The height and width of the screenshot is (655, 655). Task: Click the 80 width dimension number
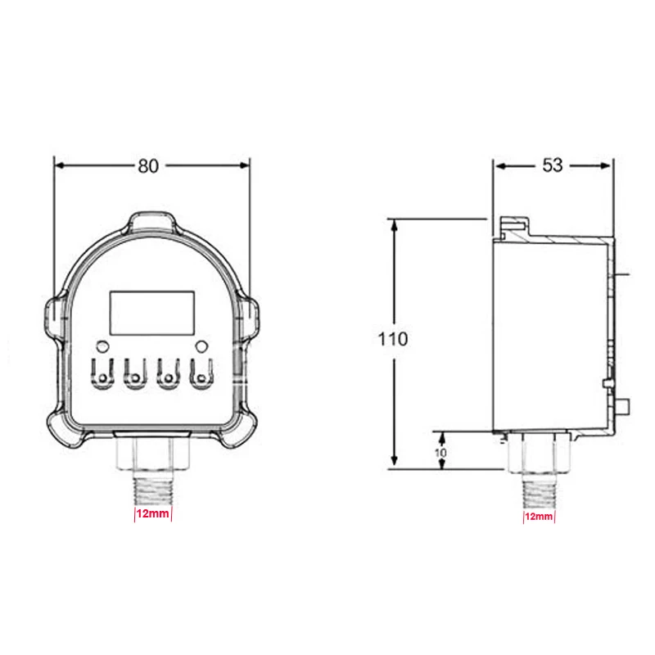click(148, 166)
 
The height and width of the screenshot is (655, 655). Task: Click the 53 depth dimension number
click(553, 165)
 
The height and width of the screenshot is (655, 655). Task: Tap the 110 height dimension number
click(393, 339)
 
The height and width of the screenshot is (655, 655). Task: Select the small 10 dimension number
click(440, 453)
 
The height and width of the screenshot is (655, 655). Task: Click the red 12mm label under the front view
click(153, 513)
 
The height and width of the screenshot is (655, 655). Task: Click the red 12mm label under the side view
click(539, 517)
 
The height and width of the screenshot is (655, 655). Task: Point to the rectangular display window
click(152, 313)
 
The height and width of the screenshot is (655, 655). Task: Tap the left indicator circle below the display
click(102, 346)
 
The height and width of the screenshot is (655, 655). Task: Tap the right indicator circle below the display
click(201, 346)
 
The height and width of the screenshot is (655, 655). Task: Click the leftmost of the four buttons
click(102, 374)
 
